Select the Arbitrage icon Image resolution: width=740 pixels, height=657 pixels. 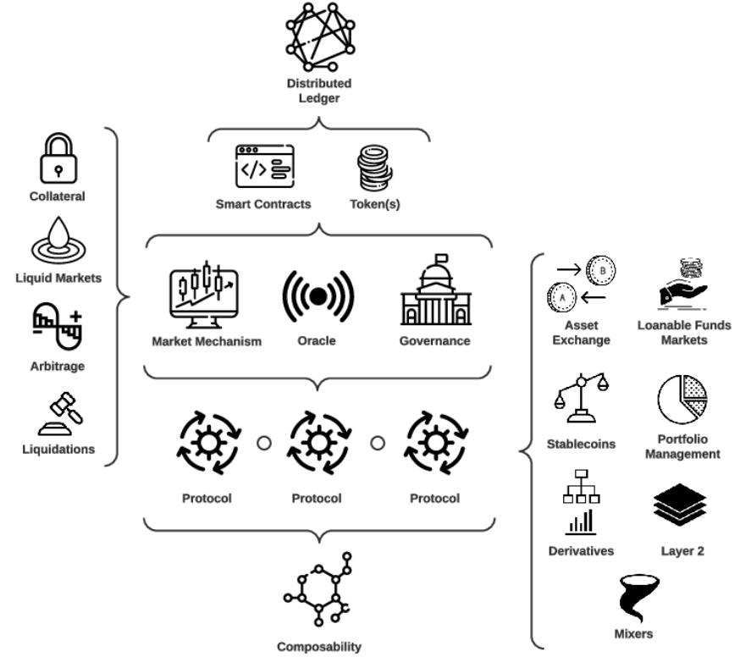(58, 328)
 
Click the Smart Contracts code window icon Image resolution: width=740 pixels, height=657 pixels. (264, 166)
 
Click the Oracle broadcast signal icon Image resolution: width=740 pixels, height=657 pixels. (318, 295)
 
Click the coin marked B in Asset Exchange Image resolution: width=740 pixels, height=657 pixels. (602, 271)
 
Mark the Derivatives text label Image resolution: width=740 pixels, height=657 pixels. (581, 551)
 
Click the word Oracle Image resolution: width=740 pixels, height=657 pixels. (318, 341)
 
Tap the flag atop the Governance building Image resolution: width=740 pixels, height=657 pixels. (440, 257)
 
